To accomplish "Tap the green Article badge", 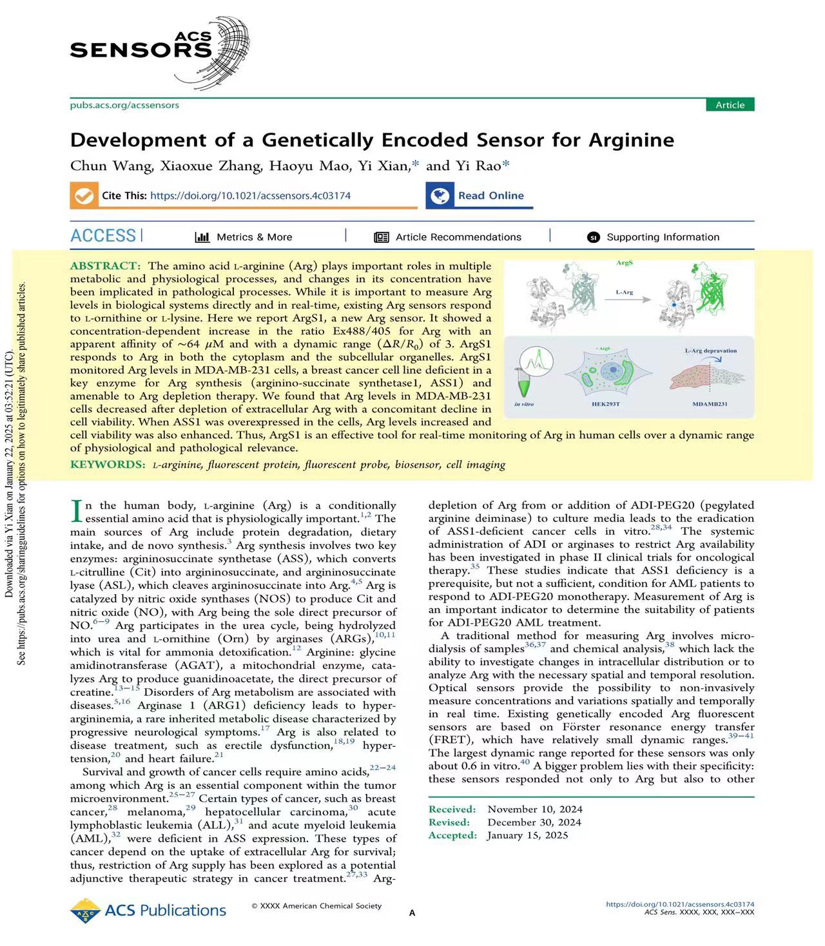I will tap(730, 105).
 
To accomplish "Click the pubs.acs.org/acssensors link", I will tap(124, 105).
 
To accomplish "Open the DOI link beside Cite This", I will tap(250, 195).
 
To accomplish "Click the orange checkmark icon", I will tap(83, 195).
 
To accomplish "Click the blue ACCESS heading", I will tap(103, 236).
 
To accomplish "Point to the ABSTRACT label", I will tap(104, 265).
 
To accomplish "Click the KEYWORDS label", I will tap(108, 465).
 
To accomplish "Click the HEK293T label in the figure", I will tap(605, 404).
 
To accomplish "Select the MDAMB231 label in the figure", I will tap(710, 404).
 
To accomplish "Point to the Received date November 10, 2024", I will tap(534, 809).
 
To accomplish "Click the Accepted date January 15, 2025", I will tap(527, 835).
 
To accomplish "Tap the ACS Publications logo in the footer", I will tap(148, 911).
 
